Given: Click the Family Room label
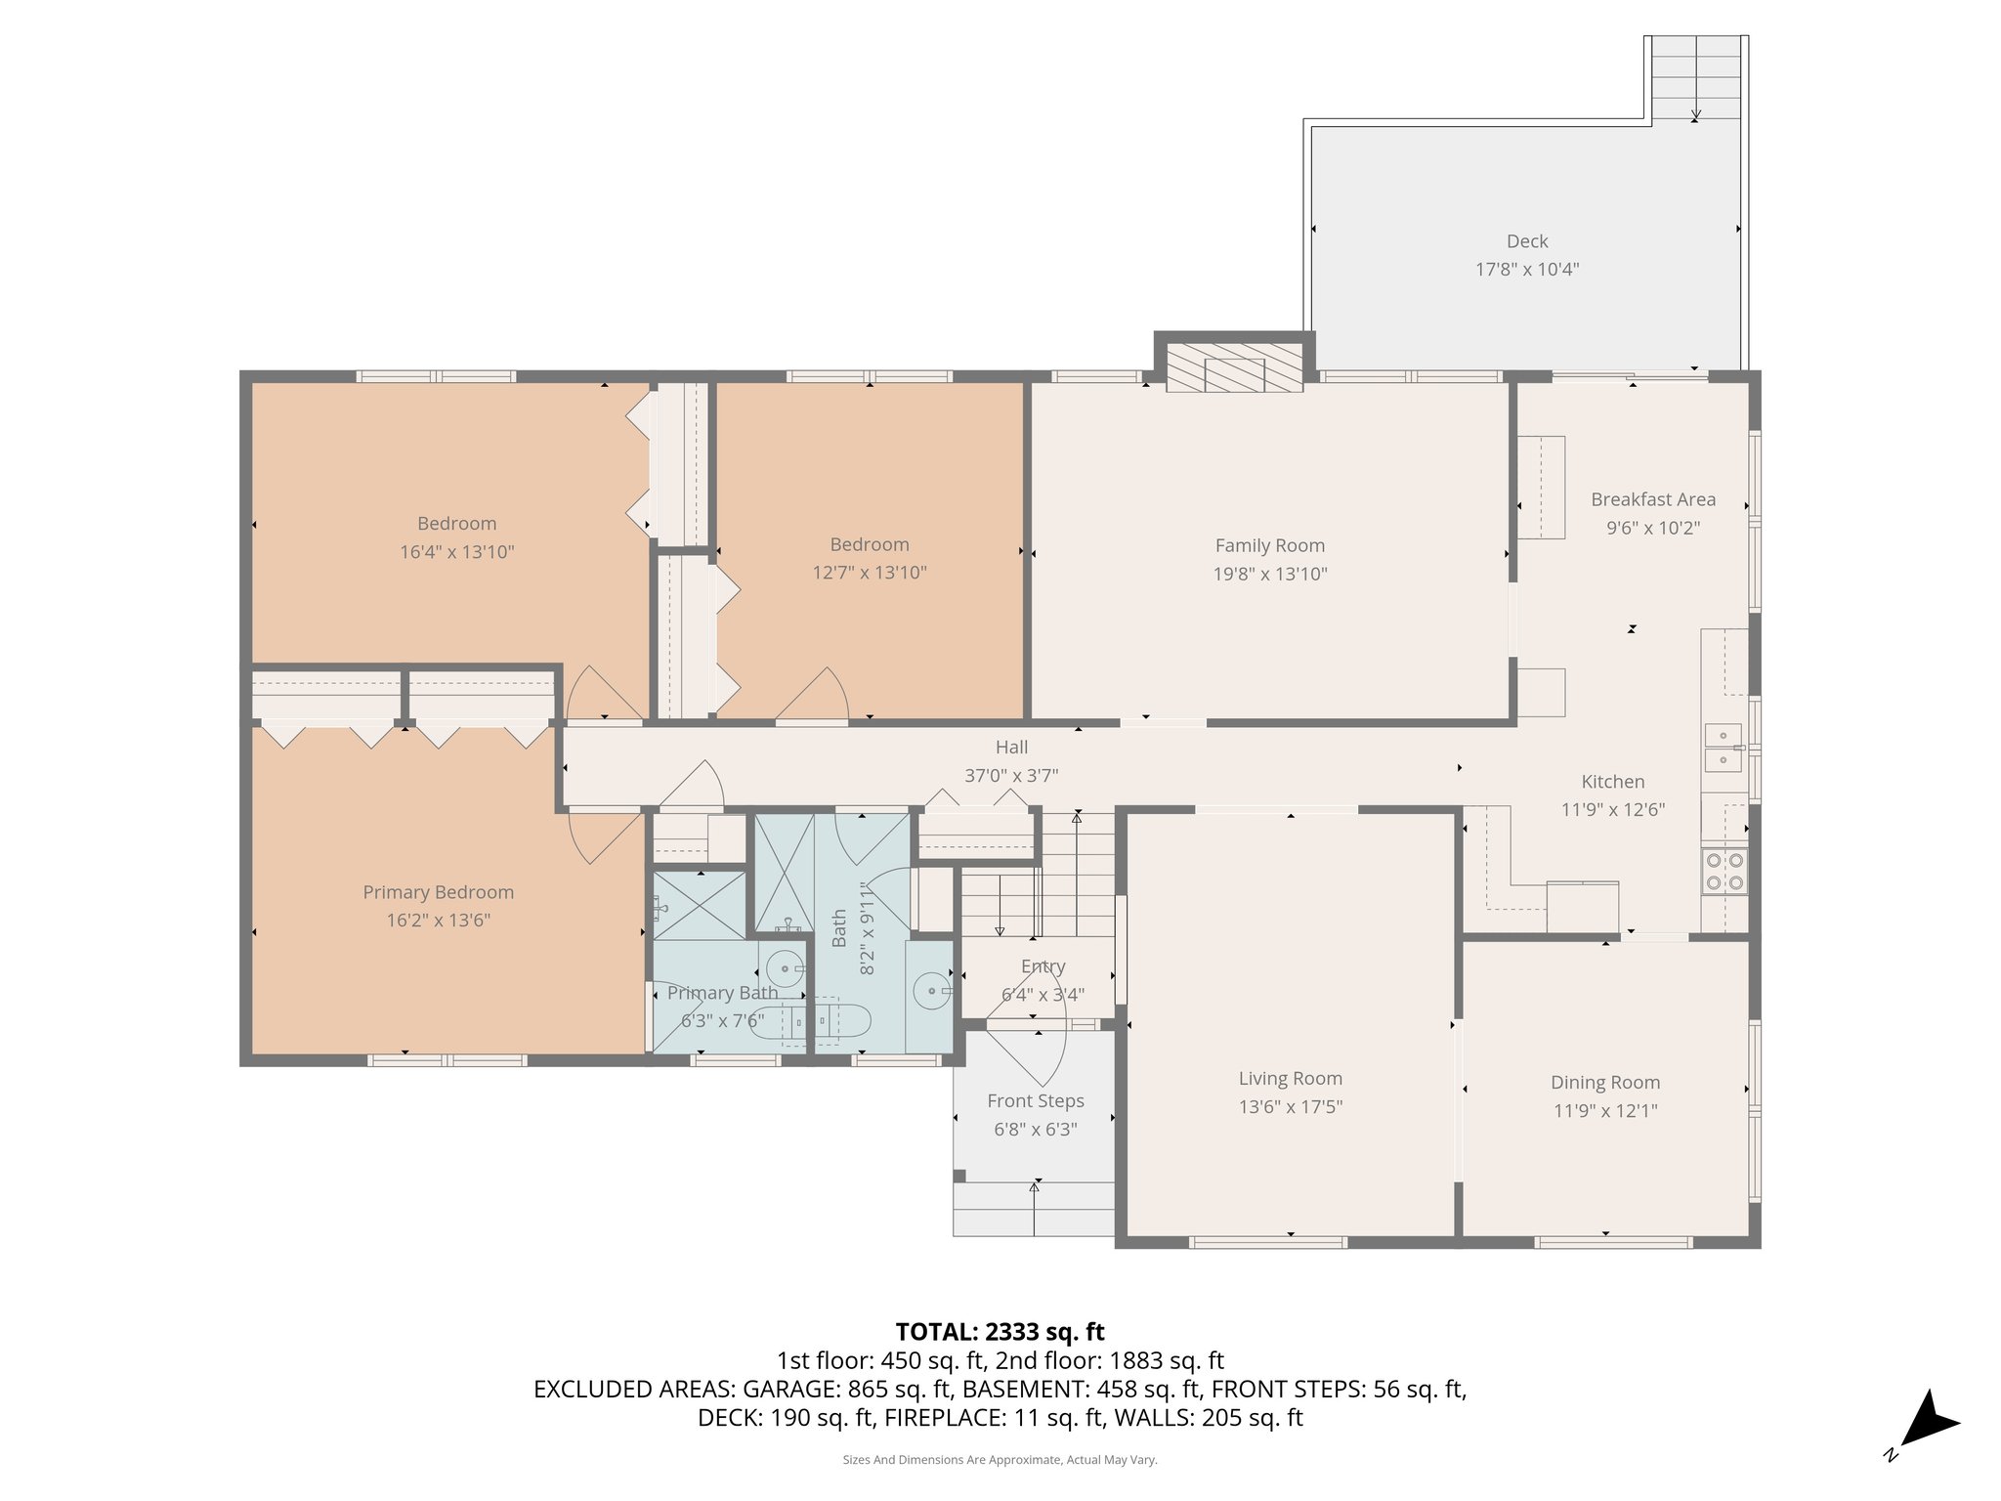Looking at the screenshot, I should [x=1269, y=545].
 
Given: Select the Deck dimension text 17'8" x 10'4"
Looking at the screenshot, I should [x=1526, y=269].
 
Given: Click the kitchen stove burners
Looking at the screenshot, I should [x=1724, y=871].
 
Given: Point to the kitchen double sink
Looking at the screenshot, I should [x=1723, y=748].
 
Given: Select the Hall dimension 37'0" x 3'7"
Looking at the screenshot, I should [x=1011, y=775].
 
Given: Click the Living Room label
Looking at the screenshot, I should [x=1290, y=1078].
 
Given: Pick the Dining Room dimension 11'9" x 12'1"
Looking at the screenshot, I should [x=1604, y=1110].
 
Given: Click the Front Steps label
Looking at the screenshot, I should [x=1035, y=1100].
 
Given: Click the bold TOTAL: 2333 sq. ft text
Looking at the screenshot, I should [x=1000, y=1331].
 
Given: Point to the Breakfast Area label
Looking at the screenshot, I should [x=1652, y=499].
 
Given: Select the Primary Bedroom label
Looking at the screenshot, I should [x=438, y=891].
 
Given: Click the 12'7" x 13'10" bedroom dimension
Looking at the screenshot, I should [x=869, y=572].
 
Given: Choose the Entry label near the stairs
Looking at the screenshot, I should [x=1043, y=966].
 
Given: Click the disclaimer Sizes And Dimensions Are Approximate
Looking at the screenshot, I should [x=1000, y=1460].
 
